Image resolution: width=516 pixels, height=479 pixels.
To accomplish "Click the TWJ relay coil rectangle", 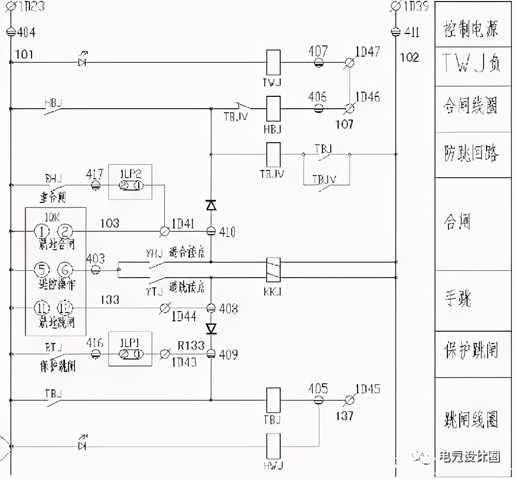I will (272, 63).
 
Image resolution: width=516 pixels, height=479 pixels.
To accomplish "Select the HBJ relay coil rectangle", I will (272, 109).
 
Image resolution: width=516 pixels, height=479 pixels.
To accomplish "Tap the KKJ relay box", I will (272, 269).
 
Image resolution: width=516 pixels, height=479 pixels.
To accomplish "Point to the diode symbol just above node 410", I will (211, 205).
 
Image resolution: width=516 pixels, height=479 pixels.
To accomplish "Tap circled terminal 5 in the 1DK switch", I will (42, 269).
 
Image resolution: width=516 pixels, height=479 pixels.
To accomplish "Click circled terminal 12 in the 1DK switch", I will (65, 307).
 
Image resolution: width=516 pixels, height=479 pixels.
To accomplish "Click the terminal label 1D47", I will (368, 52).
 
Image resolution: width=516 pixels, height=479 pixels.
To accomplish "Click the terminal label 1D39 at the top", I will (416, 7).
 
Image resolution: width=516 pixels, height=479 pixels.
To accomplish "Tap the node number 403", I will (95, 258).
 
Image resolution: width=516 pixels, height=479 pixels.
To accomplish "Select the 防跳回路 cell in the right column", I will (471, 154).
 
